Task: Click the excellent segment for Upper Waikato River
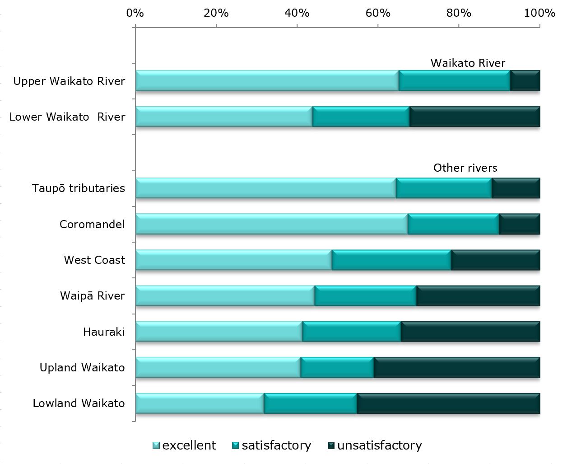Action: tap(267, 81)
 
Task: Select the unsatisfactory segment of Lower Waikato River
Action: tap(474, 117)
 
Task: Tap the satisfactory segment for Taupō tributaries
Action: tap(444, 188)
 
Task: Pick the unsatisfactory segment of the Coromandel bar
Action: tap(519, 224)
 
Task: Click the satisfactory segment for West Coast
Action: tap(391, 260)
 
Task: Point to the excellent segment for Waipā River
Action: tap(225, 296)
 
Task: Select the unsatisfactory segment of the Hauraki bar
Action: tap(470, 332)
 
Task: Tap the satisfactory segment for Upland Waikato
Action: tap(337, 367)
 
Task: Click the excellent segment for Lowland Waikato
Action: tap(200, 403)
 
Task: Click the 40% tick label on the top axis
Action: tap(297, 13)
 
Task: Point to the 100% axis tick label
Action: tap(539, 13)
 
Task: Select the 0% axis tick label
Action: tap(135, 13)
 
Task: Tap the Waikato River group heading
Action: tap(468, 63)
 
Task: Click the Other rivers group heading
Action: tap(465, 168)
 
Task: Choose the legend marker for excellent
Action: tap(156, 445)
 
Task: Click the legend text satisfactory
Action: tap(276, 445)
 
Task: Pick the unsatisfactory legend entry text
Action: tap(379, 445)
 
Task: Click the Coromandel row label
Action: tap(92, 225)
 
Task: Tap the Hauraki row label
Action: tap(104, 332)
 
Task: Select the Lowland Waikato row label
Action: tap(79, 403)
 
